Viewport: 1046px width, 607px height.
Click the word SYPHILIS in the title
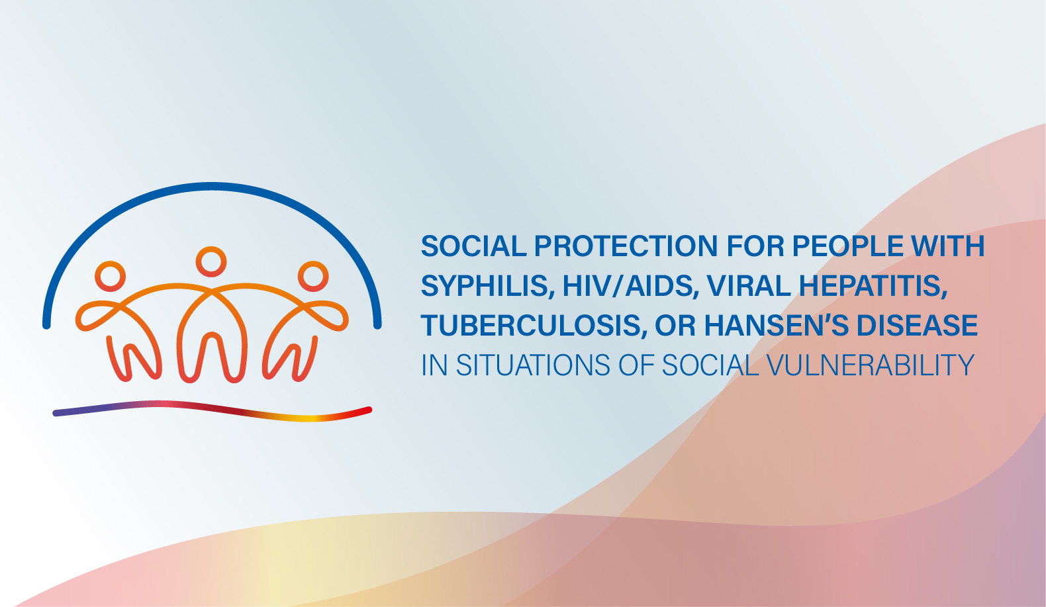(x=487, y=285)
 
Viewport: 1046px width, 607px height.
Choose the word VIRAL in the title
(x=749, y=285)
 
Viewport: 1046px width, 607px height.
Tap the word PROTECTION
(x=626, y=246)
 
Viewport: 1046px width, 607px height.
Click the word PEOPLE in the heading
(x=847, y=246)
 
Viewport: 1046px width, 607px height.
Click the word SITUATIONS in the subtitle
(x=533, y=365)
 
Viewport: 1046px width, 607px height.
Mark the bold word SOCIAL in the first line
(x=473, y=246)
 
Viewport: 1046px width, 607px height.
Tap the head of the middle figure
(x=211, y=247)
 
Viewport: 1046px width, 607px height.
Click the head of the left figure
(x=110, y=262)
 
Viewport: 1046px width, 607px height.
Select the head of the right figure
(x=313, y=262)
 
